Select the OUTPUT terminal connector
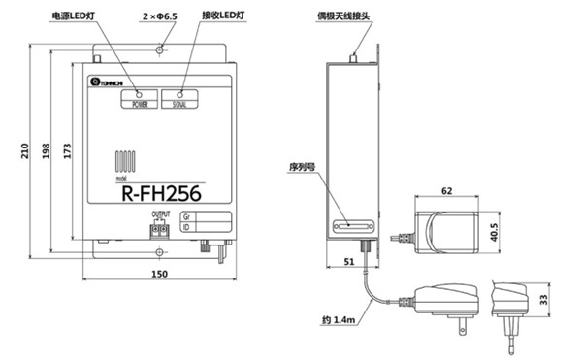(159, 231)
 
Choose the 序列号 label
(304, 167)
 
